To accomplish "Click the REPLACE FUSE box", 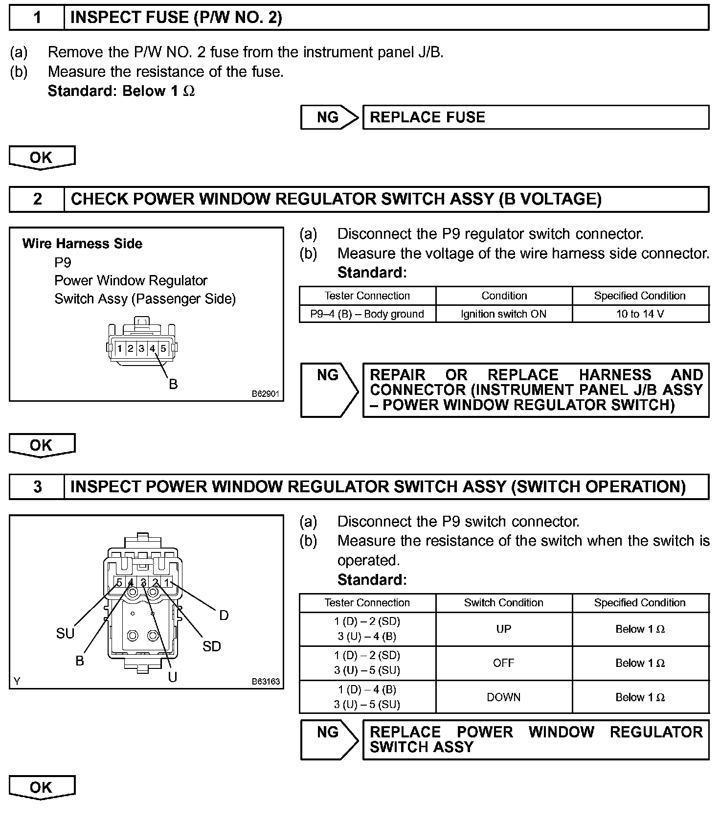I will point(535,117).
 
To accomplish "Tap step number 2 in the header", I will point(37,199).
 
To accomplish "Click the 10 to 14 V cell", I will point(640,314).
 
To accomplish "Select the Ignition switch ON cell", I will point(503,314).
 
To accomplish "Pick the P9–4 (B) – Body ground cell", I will point(367,314).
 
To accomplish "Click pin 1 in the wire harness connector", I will point(120,348).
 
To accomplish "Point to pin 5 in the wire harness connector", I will point(163,348).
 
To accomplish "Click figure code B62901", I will point(266,394).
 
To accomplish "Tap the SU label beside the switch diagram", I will point(65,634).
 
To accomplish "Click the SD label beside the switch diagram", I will point(212,646).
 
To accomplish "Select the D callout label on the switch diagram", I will point(224,615).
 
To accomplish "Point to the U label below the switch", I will point(172,677).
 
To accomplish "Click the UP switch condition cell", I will point(503,629).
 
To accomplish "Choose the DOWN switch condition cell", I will point(503,697).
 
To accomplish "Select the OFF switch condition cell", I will point(503,663).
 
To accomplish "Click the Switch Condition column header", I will point(503,603).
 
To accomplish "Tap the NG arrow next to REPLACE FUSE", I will point(329,117).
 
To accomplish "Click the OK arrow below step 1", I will point(42,158).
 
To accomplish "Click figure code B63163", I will point(266,682).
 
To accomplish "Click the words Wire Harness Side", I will point(82,244).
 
